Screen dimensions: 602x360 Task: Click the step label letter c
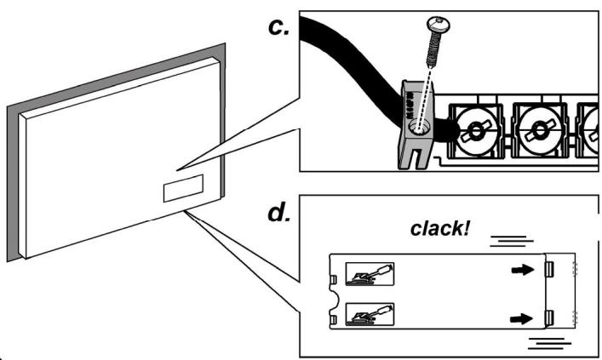coord(278,27)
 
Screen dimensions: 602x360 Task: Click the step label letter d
coord(278,213)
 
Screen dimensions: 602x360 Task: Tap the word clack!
coord(440,228)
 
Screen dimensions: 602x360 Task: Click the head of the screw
coord(439,24)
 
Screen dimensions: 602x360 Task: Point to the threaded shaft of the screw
coord(433,50)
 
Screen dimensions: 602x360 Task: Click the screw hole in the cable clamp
coord(420,128)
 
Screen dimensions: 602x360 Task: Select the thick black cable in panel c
coord(364,73)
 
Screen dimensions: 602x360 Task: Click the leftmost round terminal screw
coord(476,130)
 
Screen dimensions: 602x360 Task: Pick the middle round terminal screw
coord(540,130)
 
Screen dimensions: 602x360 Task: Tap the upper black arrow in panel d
coord(523,270)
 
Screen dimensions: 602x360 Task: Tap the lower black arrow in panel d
coord(521,318)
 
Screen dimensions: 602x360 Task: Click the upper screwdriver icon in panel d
coord(370,274)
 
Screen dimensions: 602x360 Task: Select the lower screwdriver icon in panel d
coord(370,314)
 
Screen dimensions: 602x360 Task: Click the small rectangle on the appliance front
coord(184,188)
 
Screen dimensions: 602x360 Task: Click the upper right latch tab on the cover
coord(549,270)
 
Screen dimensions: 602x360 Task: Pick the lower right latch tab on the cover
coord(549,318)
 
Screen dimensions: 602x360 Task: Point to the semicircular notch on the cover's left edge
coord(335,300)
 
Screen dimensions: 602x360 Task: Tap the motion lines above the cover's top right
coord(512,241)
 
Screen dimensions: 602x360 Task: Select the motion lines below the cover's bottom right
coord(549,344)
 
